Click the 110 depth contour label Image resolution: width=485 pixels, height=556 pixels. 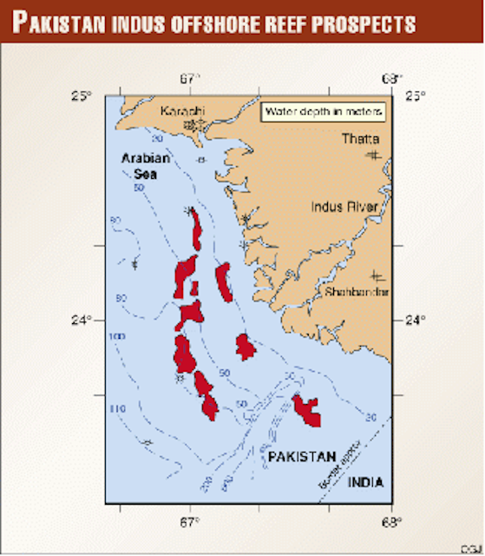[119, 407]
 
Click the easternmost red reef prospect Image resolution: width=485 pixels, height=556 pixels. [306, 409]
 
